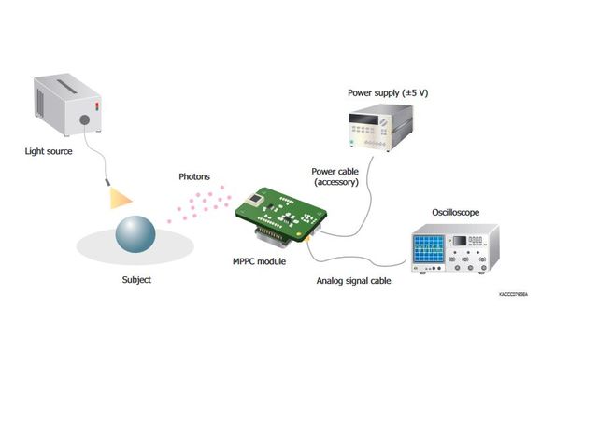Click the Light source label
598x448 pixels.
[48, 150]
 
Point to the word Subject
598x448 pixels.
[136, 279]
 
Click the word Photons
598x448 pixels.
[195, 176]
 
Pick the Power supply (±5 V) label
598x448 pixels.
[388, 93]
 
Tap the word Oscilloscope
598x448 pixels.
[457, 213]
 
